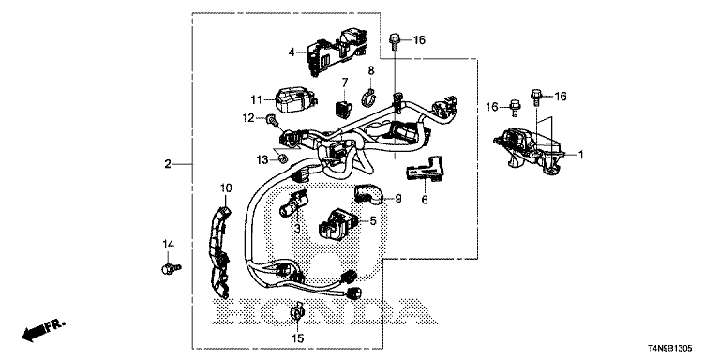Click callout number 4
tap(292, 52)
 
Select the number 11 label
tap(256, 99)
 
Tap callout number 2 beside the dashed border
tap(168, 163)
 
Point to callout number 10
tap(226, 187)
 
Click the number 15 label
tap(297, 338)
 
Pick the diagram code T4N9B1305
tap(671, 349)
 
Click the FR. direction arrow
tap(44, 331)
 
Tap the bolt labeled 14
tap(172, 267)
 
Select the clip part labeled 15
tap(296, 312)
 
